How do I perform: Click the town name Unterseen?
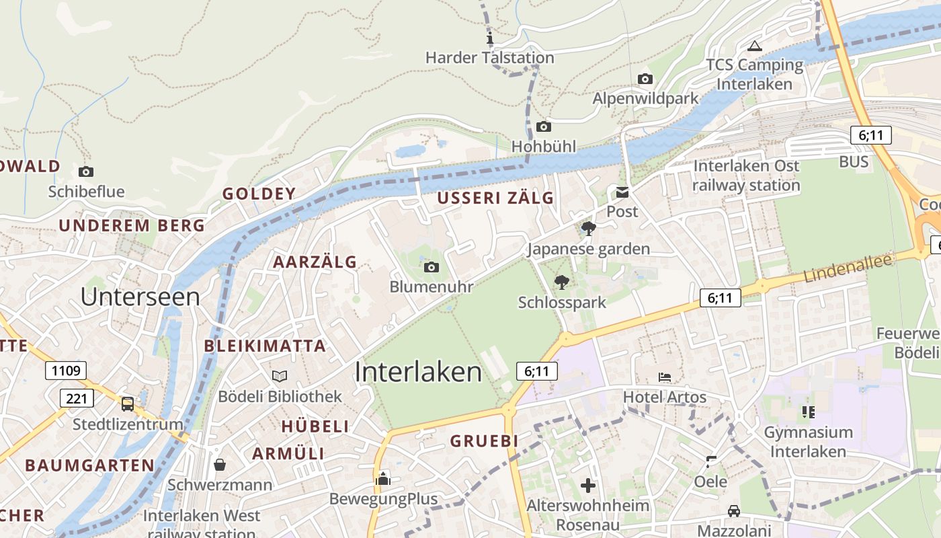click(x=140, y=297)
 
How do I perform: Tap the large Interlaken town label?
click(x=418, y=372)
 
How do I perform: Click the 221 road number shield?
click(x=77, y=398)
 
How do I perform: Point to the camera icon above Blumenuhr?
click(x=432, y=268)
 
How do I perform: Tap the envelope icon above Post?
click(x=622, y=192)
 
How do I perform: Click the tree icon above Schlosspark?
click(x=561, y=282)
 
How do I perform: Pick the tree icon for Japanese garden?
click(x=589, y=229)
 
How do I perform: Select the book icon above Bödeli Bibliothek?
click(x=280, y=377)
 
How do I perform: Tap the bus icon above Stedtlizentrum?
click(x=127, y=404)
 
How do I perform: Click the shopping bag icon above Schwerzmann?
click(x=220, y=465)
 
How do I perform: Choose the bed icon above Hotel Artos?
click(x=665, y=377)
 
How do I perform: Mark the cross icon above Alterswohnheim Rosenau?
click(x=588, y=485)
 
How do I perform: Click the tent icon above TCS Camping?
click(x=754, y=46)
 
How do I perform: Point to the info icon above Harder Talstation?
click(x=490, y=37)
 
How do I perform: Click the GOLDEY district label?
click(x=259, y=194)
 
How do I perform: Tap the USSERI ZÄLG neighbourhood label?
click(x=495, y=198)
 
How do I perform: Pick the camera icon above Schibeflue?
click(x=86, y=171)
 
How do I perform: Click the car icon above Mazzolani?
click(x=734, y=511)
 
